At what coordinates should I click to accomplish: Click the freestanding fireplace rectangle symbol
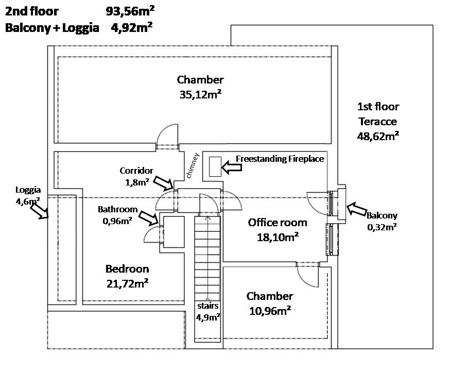215,166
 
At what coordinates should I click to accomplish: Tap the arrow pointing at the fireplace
232,167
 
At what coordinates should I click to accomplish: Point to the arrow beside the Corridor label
163,182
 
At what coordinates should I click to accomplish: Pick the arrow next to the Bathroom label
149,218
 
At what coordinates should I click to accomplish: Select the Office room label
278,223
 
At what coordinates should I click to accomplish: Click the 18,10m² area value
278,237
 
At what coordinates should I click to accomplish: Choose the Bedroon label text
127,268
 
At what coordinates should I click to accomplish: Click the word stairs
207,306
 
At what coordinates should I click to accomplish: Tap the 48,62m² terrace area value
378,136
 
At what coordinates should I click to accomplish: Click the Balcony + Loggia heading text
52,28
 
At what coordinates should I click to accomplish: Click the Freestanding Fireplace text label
280,159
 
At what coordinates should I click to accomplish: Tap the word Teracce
378,122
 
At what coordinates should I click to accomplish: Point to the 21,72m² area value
127,283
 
